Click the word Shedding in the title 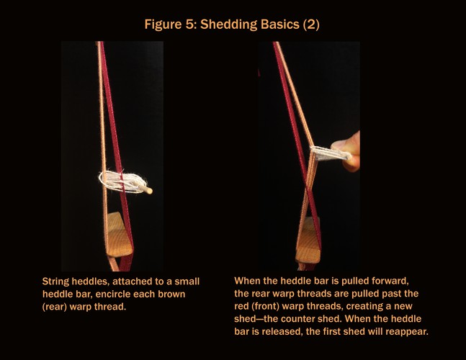tap(228, 25)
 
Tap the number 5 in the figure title tap(189, 24)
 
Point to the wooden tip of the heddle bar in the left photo tap(148, 189)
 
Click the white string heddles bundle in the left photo tap(123, 181)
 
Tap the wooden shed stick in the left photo tap(119, 235)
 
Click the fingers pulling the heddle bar tap(348, 151)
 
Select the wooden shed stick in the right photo tap(308, 240)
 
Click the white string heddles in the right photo tap(330, 153)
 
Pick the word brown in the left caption tap(171, 294)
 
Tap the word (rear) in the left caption tap(55, 307)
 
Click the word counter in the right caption tap(297, 319)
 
